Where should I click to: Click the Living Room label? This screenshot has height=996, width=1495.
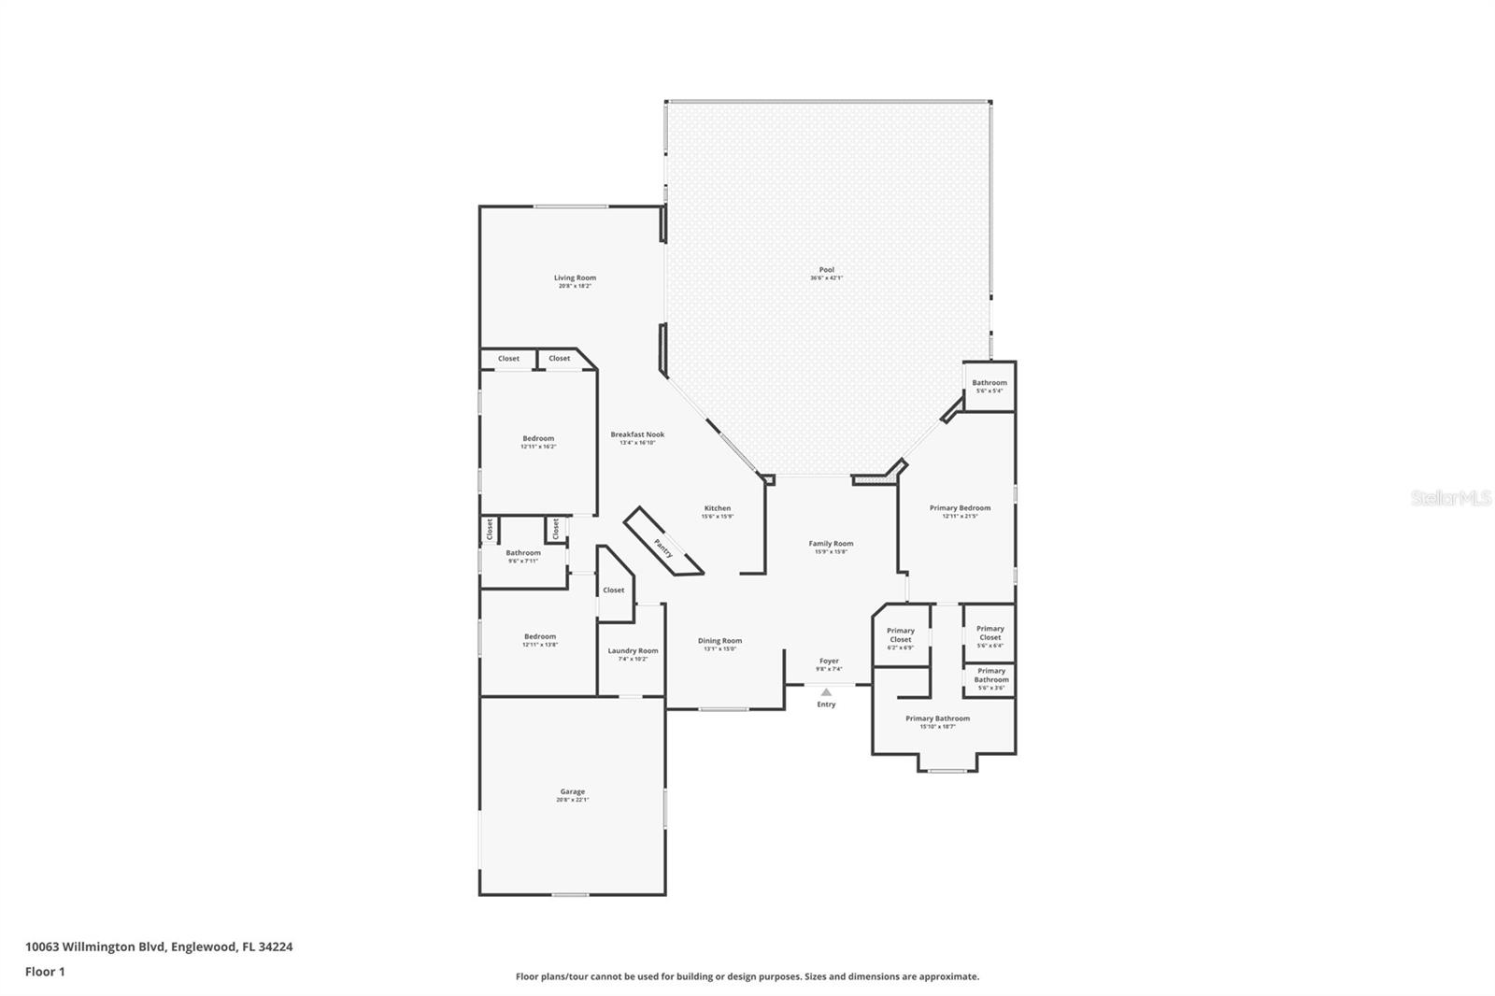575,277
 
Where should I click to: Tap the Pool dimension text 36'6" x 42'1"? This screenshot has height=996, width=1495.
826,277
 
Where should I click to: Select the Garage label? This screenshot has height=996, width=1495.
573,791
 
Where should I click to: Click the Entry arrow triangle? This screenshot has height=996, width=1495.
826,692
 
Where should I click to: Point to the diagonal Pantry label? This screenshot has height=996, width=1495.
663,548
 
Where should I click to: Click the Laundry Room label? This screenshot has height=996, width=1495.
633,650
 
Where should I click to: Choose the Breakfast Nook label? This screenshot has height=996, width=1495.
637,434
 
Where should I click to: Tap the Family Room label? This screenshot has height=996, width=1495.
831,543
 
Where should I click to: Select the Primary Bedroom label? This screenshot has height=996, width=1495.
960,508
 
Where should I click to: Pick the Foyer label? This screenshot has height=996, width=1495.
829,661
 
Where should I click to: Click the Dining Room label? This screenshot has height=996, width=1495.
719,641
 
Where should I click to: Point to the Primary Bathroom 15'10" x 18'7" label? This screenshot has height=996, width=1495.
937,719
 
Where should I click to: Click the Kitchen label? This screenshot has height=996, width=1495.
718,508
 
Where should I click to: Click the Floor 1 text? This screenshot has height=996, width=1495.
45,972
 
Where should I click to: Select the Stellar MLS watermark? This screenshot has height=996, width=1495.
1450,499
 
